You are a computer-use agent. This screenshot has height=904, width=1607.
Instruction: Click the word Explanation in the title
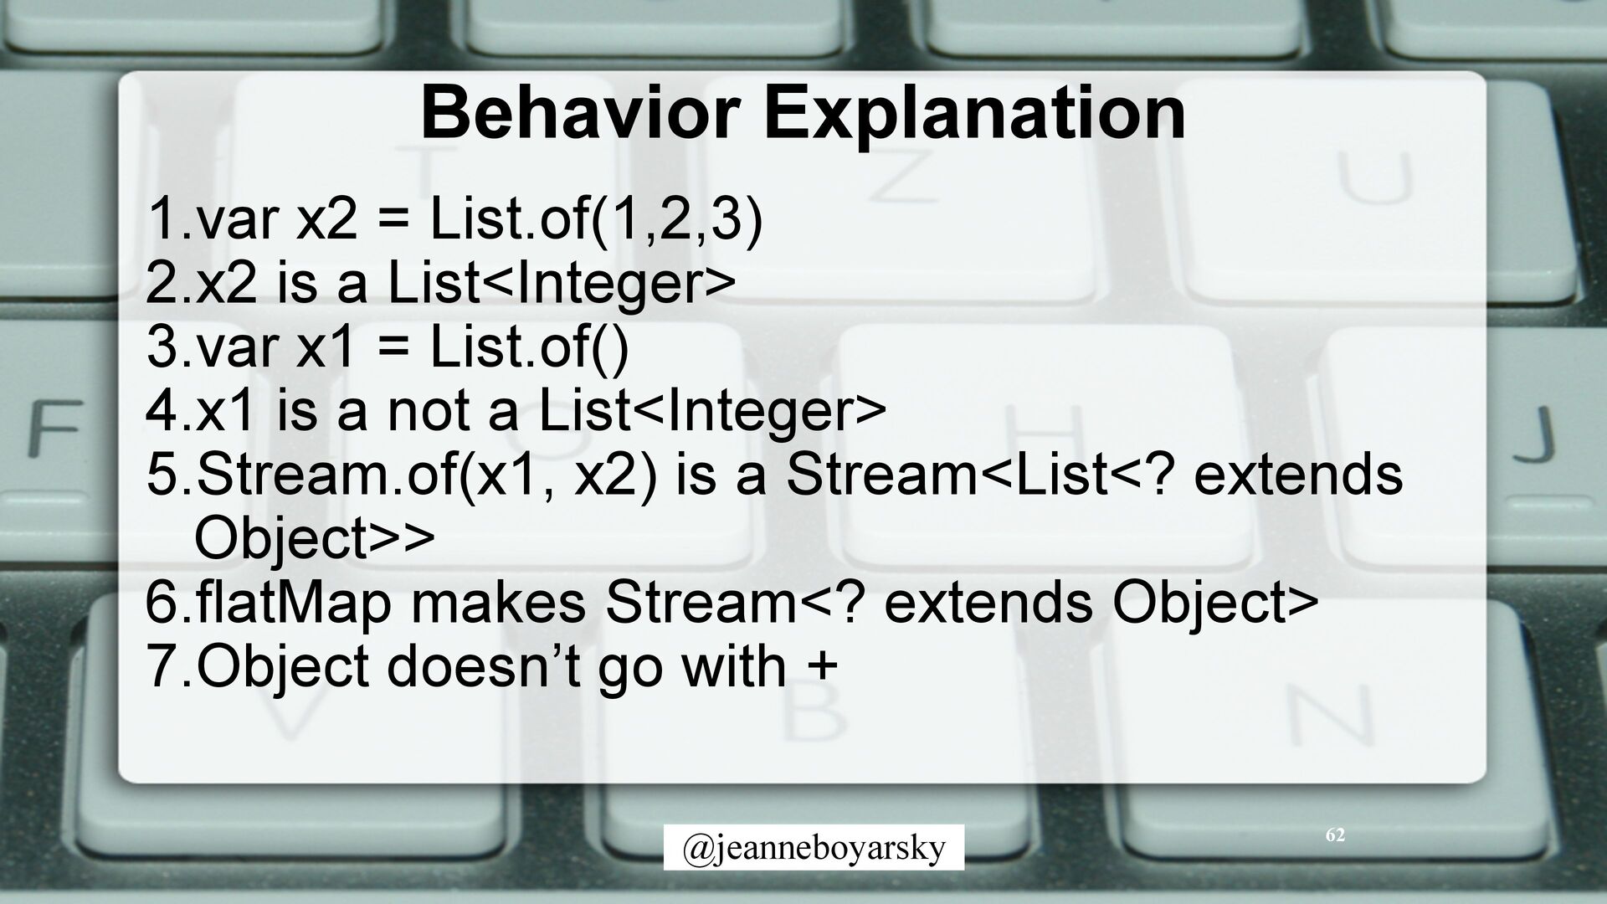(973, 117)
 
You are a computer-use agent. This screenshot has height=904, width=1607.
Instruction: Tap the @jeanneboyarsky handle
(814, 848)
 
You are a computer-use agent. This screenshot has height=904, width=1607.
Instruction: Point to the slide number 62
(1336, 835)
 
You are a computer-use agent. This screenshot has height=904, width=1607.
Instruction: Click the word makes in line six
(498, 603)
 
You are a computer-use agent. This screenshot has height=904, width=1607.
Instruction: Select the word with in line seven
(734, 666)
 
